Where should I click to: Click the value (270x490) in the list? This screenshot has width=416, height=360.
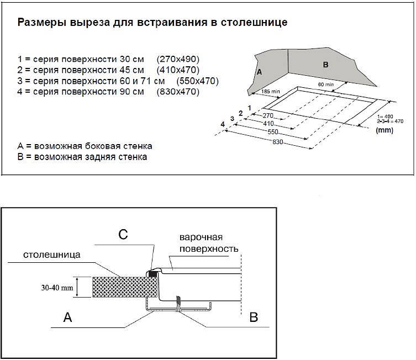(x=178, y=59)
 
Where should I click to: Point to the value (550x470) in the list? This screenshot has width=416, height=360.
(x=197, y=81)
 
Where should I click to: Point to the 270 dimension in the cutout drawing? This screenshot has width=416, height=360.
(x=268, y=116)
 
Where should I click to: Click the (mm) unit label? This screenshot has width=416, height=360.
(x=383, y=131)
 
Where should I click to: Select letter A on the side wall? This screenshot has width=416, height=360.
(x=258, y=72)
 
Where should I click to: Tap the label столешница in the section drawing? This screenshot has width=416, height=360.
(x=53, y=256)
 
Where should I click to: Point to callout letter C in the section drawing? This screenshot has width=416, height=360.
(x=124, y=234)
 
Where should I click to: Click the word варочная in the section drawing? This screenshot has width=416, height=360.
(x=201, y=237)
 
